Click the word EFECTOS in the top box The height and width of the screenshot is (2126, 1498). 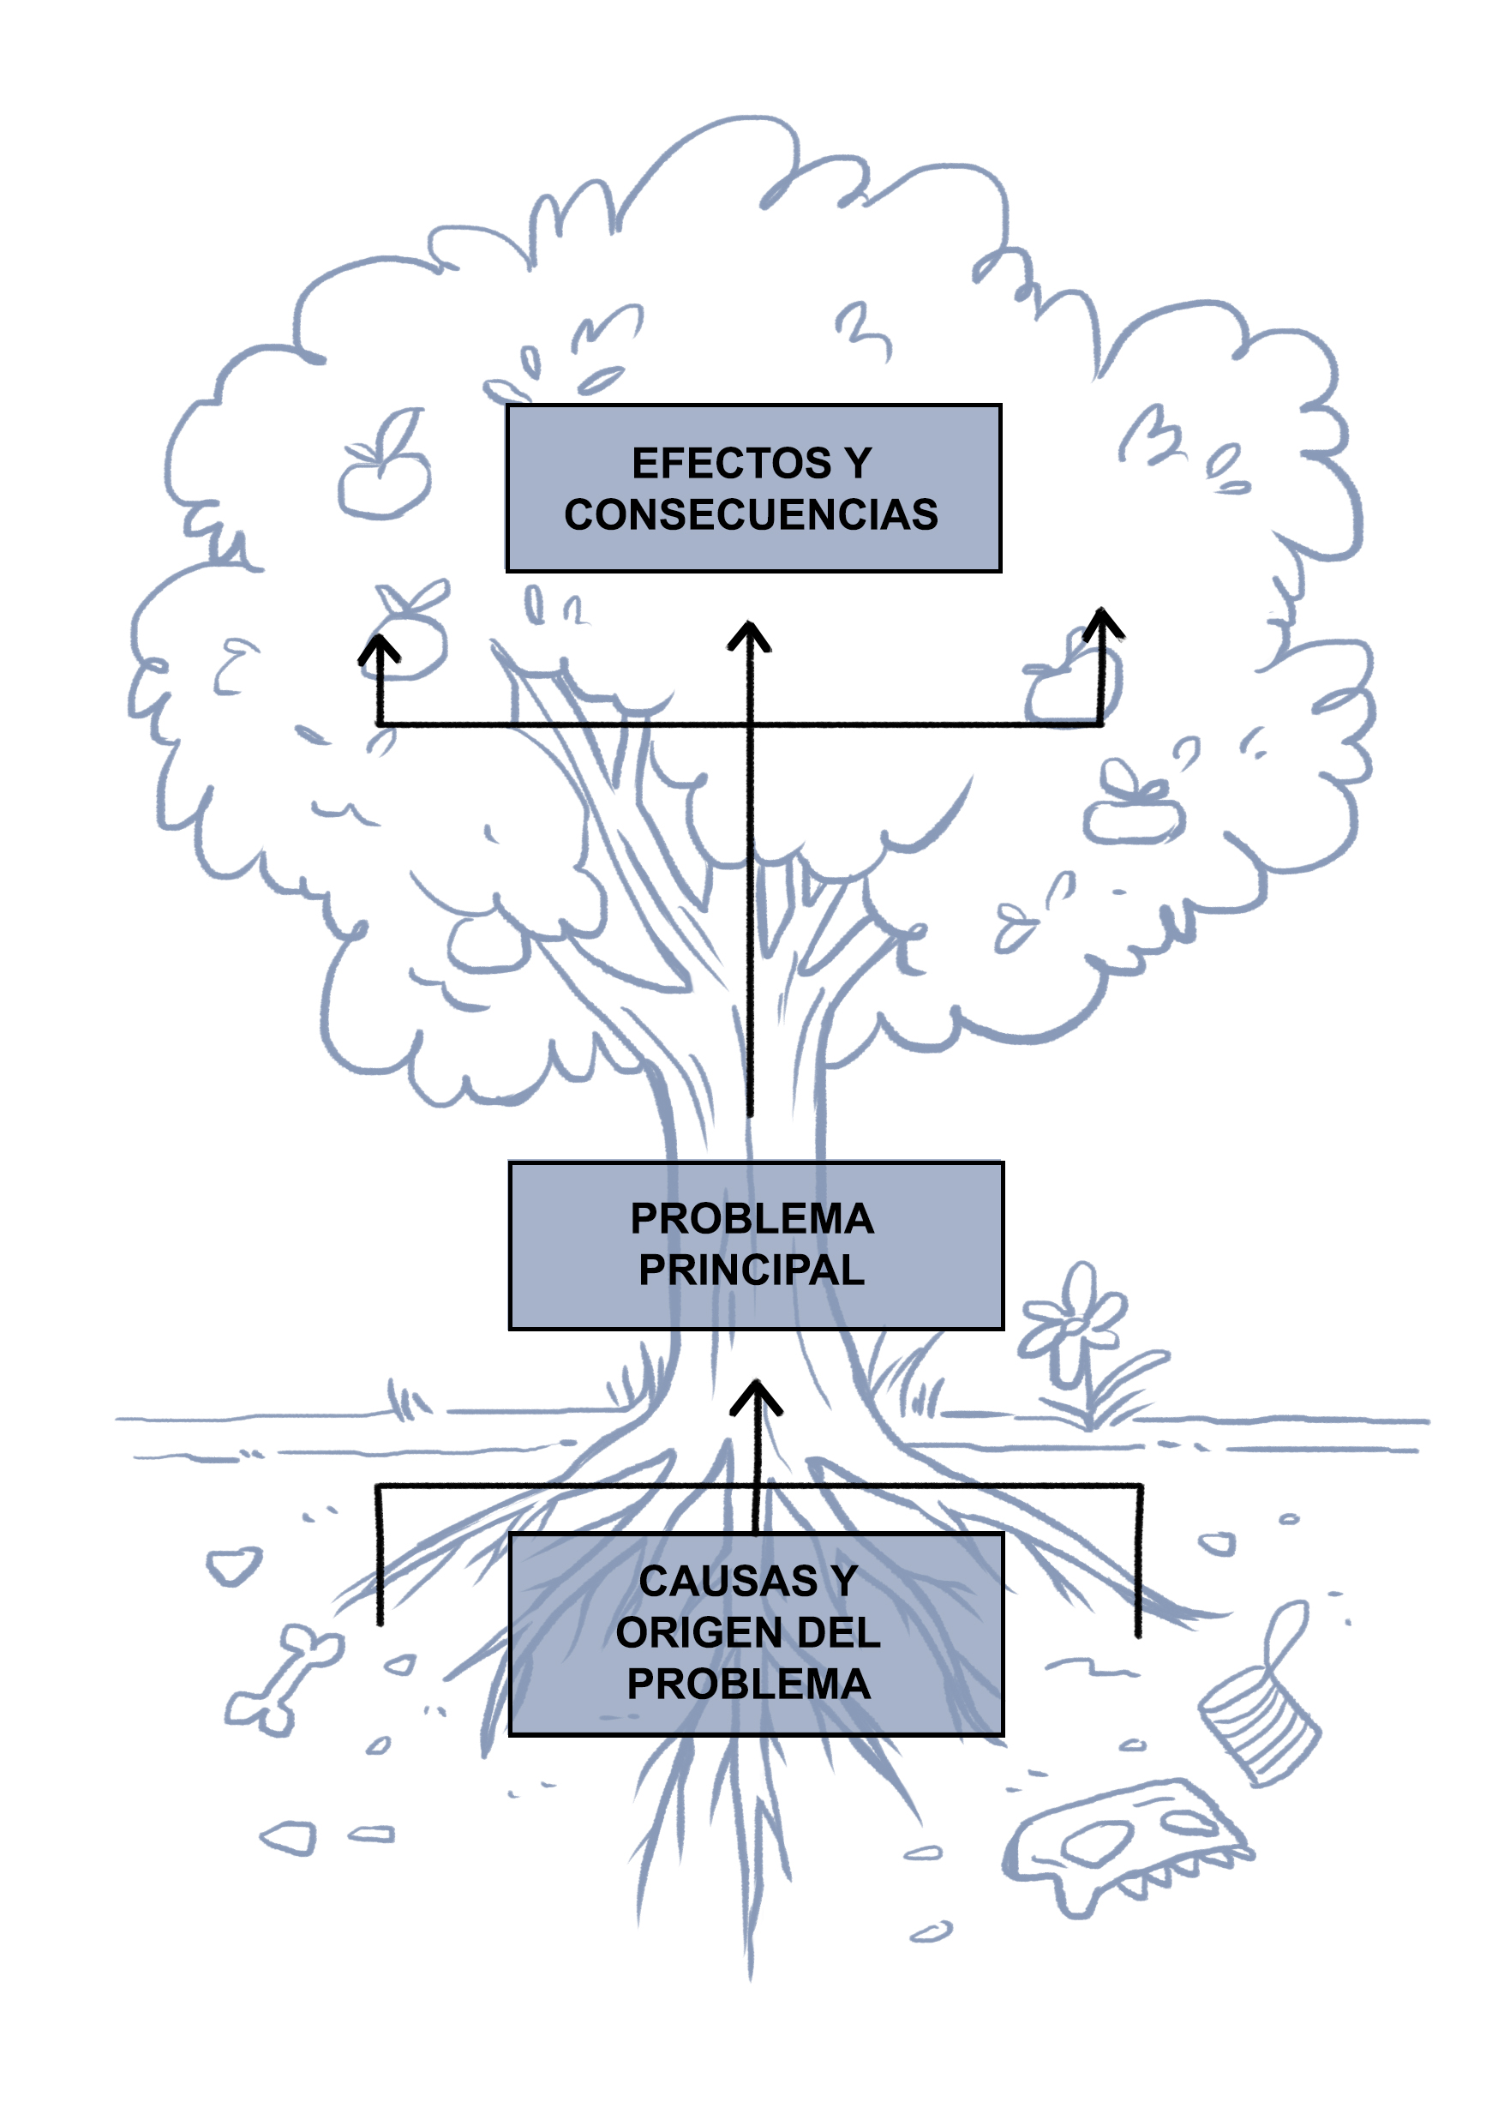[x=730, y=463]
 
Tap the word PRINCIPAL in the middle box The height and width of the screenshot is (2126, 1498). [x=751, y=1270]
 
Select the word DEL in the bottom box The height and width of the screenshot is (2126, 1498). [x=838, y=1632]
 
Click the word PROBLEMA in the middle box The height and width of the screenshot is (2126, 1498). [x=752, y=1218]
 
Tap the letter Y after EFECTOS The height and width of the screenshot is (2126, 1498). [x=857, y=463]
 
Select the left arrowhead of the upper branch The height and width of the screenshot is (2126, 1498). [x=379, y=650]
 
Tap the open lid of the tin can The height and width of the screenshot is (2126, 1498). [x=1287, y=1631]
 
